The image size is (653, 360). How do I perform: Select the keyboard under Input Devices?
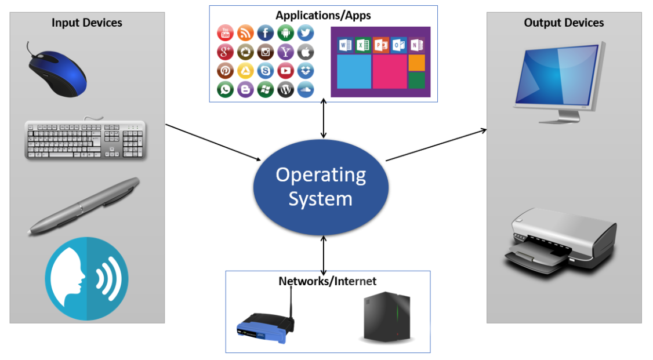coord(85,139)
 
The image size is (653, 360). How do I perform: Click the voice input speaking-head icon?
coord(86,278)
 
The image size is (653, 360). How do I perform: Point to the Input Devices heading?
coord(87,23)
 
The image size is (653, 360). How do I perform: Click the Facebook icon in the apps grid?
coord(265,33)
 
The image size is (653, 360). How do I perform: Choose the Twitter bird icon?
coord(305,33)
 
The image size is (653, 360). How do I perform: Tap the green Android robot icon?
coord(285,33)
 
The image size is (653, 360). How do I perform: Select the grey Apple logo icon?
coord(305,52)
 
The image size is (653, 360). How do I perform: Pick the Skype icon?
coord(265,71)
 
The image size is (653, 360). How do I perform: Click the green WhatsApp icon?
coord(225,90)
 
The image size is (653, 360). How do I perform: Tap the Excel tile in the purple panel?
coord(363,45)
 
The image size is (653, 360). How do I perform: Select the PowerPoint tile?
coord(381,45)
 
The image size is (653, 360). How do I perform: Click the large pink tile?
coord(389,71)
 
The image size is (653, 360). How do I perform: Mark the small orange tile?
coord(416,62)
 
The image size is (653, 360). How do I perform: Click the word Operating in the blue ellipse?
coord(321,174)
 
